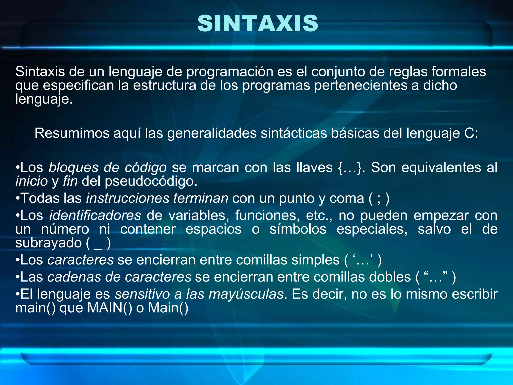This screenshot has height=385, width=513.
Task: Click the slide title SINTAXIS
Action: coord(258,24)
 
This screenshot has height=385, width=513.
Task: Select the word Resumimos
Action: coord(72,133)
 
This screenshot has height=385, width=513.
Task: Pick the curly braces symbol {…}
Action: coord(350,167)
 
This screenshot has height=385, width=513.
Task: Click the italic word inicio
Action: coord(32,181)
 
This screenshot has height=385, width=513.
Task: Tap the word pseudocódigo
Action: coord(151,181)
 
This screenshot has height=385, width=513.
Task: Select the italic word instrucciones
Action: coord(127,198)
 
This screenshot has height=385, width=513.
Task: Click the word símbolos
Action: coord(298,229)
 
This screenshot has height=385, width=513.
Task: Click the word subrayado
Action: coord(49,243)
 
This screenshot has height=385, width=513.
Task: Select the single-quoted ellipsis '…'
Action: coord(363,260)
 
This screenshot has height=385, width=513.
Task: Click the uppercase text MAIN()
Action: coord(109,308)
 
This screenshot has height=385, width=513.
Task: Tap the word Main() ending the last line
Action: coord(168,308)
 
